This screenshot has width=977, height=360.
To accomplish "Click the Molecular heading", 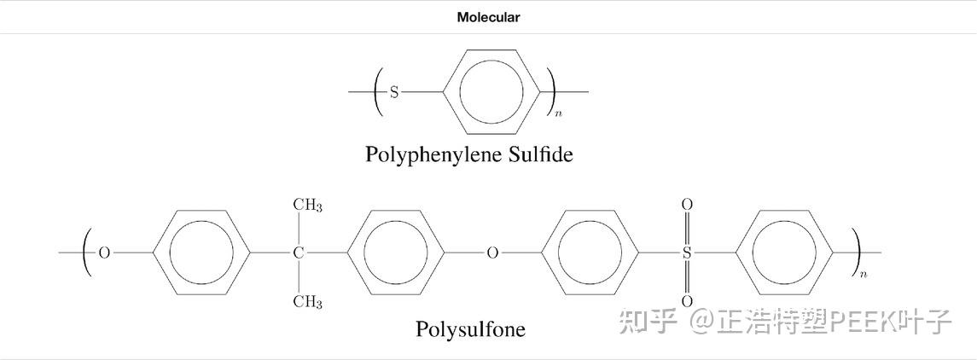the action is coord(488,17).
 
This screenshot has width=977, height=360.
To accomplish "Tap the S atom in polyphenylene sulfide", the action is coord(394,92).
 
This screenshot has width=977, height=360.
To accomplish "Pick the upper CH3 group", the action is coord(307,205).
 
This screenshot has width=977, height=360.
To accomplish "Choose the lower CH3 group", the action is coord(307,302).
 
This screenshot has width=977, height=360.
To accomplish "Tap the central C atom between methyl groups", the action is coord(299,253).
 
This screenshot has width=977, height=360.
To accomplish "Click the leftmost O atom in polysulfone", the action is coord(105,253).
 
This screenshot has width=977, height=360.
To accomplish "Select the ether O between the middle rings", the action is coord(492,253).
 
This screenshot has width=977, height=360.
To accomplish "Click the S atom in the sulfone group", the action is coord(687,253).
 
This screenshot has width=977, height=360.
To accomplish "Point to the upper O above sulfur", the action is coord(687,205).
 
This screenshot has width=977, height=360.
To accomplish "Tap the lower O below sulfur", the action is coord(687,302).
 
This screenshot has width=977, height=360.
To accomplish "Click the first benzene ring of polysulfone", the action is coord(201,253).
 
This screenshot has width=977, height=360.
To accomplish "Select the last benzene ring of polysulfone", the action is coord(783,253).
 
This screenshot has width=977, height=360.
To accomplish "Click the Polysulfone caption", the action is coord(470,328).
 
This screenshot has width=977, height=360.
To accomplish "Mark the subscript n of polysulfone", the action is coord(864,274).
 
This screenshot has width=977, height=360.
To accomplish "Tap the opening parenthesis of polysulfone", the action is coord(87,253).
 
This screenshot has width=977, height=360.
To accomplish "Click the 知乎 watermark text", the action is coord(648,322).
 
